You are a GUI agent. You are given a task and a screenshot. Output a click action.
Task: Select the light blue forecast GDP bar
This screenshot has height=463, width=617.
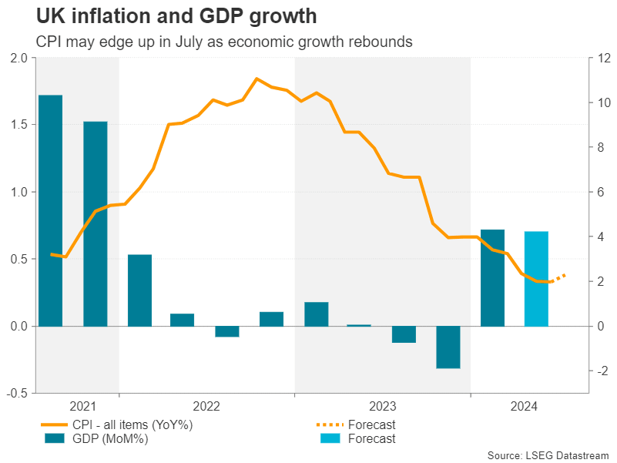point(536,278)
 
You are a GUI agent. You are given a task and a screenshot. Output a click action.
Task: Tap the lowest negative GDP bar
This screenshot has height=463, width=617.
point(448,347)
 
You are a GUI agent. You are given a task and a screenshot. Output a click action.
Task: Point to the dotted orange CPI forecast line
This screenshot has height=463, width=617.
point(559,278)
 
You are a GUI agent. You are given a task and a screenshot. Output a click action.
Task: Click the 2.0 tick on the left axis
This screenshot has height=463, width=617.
point(19,58)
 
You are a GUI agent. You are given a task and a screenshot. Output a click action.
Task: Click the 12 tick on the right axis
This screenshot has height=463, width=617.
point(598,58)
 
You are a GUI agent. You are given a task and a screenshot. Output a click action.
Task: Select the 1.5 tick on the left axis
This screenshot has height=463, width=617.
point(19,125)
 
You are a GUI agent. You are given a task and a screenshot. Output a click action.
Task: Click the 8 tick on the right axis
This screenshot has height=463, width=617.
point(595,147)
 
